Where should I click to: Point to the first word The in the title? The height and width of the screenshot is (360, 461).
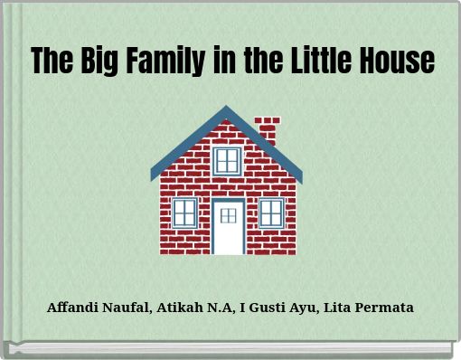tap(49, 61)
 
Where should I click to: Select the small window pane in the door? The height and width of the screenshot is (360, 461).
tap(229, 215)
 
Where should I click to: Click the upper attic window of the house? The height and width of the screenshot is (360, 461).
tap(227, 161)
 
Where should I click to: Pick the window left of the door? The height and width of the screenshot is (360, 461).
tap(184, 213)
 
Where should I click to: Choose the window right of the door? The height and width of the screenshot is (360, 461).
tap(271, 213)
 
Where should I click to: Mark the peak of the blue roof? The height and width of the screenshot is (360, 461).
tap(226, 109)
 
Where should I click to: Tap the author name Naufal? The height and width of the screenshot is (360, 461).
tap(128, 308)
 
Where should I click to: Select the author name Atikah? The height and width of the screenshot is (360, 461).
tap(180, 308)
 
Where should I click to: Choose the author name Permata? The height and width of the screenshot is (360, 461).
tap(387, 308)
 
